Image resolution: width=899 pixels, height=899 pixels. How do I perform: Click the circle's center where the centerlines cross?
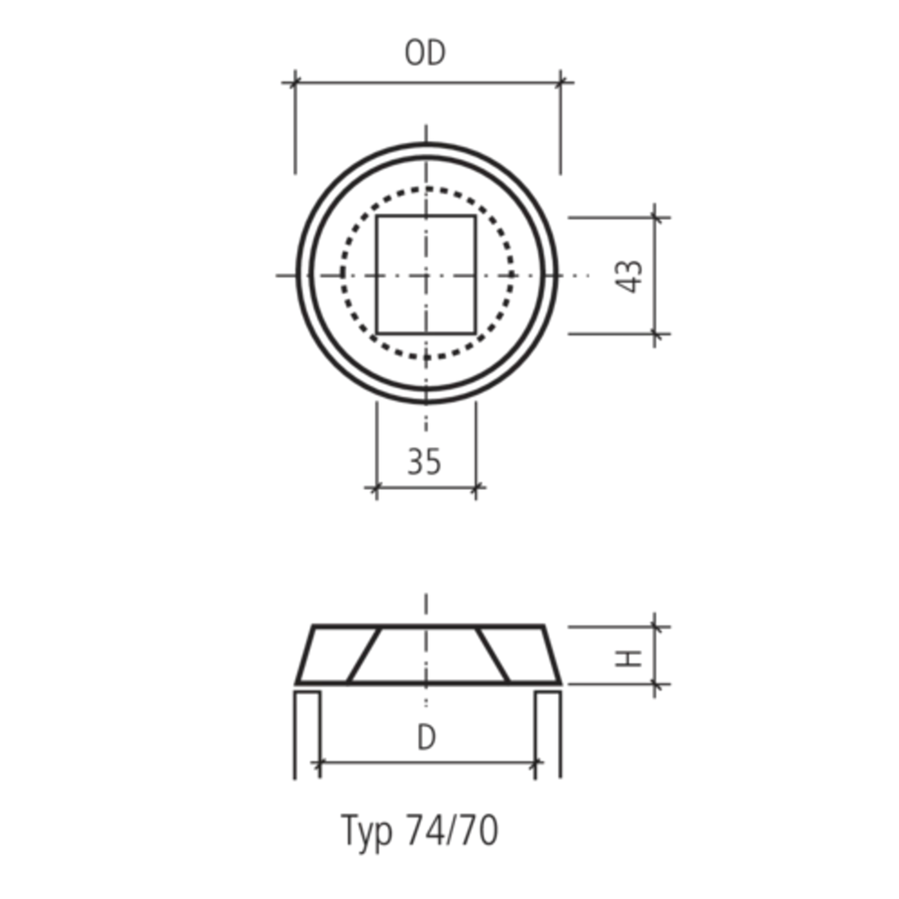pos(426,276)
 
